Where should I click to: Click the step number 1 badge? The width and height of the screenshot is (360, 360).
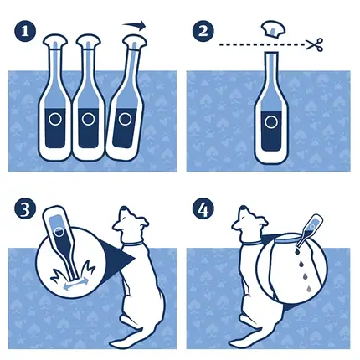pyautogui.click(x=25, y=32)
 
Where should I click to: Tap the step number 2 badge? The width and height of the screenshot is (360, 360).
pyautogui.click(x=203, y=31)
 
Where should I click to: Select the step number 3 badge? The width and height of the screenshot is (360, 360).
pyautogui.click(x=25, y=209)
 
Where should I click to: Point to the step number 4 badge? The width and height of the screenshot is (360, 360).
pyautogui.click(x=203, y=209)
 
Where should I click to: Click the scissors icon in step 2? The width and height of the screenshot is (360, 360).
pyautogui.click(x=315, y=44)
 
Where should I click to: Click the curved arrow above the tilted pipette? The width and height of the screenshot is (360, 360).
pyautogui.click(x=135, y=25)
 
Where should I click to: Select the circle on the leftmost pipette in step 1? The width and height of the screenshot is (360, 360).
pyautogui.click(x=55, y=119)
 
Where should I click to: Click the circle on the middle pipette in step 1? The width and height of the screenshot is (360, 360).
pyautogui.click(x=89, y=119)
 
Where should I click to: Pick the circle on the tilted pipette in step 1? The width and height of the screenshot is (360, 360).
pyautogui.click(x=125, y=120)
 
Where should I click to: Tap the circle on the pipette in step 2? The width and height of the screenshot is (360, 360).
pyautogui.click(x=271, y=122)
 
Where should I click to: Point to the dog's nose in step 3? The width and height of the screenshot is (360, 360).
pyautogui.click(x=124, y=208)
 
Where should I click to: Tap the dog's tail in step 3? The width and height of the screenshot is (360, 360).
pyautogui.click(x=128, y=337)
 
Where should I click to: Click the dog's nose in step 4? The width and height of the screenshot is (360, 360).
pyautogui.click(x=244, y=208)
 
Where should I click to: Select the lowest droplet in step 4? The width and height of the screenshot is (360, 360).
pyautogui.click(x=309, y=289)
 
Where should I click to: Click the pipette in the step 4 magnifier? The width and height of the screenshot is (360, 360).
pyautogui.click(x=308, y=230)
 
